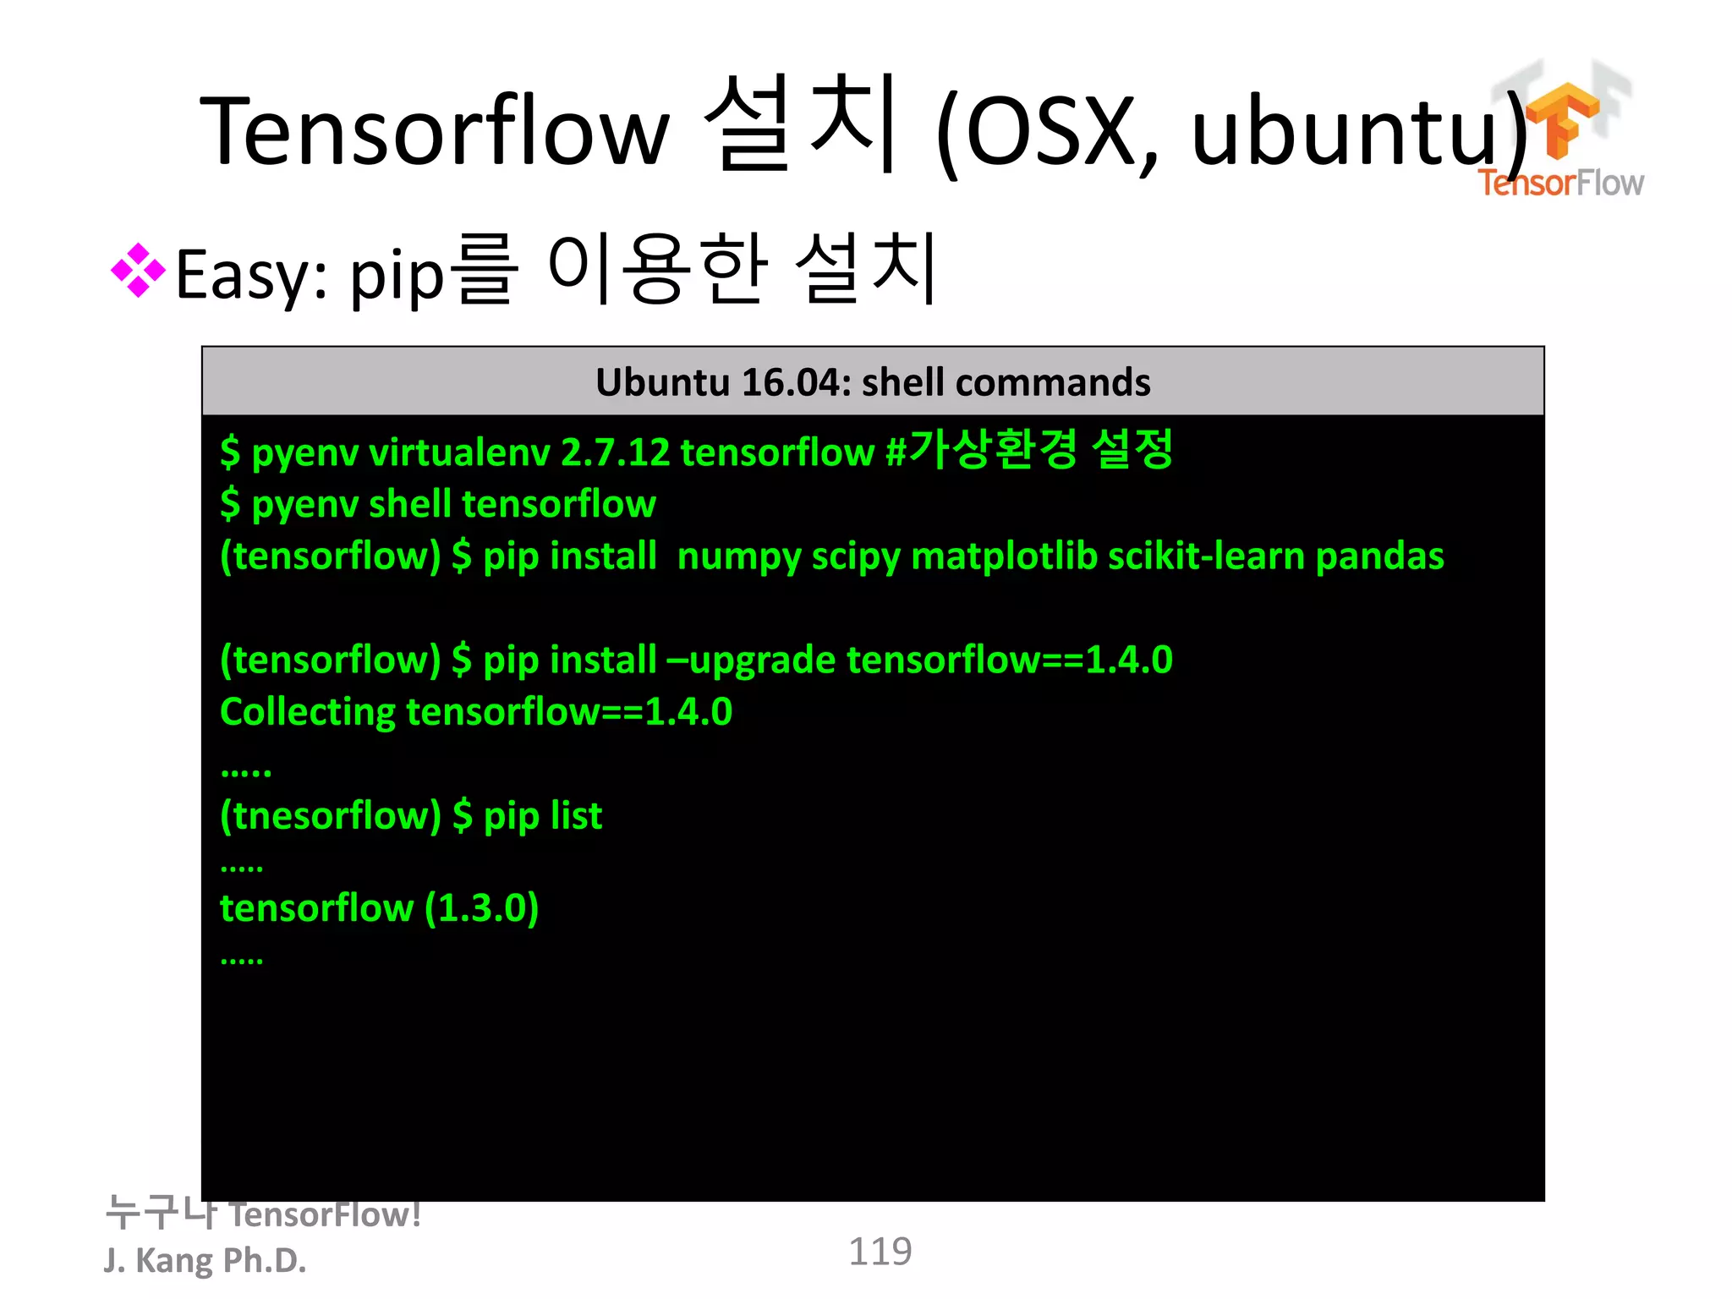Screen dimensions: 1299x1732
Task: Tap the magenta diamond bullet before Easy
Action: click(138, 271)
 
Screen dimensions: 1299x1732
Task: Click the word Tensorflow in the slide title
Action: click(434, 131)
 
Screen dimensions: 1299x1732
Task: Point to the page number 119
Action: click(880, 1252)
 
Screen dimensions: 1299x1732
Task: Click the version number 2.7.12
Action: click(615, 452)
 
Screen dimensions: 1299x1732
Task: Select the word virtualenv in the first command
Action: click(459, 452)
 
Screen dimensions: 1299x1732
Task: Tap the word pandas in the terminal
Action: click(1379, 556)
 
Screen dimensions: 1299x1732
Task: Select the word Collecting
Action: click(307, 712)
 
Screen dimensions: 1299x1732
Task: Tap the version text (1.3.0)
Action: click(481, 908)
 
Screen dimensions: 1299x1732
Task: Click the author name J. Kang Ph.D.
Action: click(205, 1260)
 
